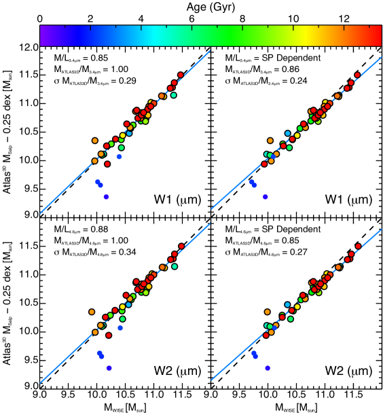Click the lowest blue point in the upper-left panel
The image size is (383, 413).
click(x=106, y=196)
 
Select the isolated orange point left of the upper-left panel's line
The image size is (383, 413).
click(x=95, y=141)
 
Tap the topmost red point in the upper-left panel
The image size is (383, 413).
click(x=181, y=75)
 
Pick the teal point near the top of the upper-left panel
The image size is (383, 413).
click(x=174, y=95)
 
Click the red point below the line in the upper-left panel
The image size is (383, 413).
click(x=107, y=164)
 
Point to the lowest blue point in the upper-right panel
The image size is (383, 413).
click(x=266, y=196)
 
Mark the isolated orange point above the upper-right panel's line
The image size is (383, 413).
click(x=270, y=141)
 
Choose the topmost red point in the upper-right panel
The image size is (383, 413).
click(x=358, y=75)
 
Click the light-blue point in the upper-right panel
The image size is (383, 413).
click(x=288, y=133)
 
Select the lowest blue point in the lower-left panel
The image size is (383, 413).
click(x=109, y=367)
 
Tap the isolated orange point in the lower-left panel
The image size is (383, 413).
click(x=92, y=312)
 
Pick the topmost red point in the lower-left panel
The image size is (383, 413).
click(x=181, y=246)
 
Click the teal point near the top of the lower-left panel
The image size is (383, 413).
click(x=175, y=266)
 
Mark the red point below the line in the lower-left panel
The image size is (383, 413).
click(x=109, y=335)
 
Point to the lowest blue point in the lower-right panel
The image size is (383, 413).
click(x=268, y=367)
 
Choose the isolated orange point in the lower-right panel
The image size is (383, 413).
click(x=268, y=312)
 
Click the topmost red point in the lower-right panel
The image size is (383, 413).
click(x=359, y=246)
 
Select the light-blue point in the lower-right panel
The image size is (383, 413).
click(x=288, y=304)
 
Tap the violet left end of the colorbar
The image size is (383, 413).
click(x=42, y=35)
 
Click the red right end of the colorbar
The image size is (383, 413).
click(x=379, y=35)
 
